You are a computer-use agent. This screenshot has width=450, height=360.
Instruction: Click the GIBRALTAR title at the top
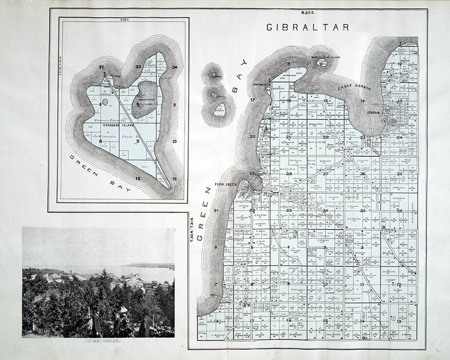308,27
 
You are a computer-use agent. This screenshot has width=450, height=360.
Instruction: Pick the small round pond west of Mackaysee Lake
105,102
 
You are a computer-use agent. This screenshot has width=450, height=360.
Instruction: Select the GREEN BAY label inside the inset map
100,173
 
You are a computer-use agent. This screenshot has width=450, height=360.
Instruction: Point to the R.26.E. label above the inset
124,21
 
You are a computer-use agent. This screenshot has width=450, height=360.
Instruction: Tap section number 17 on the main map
253,100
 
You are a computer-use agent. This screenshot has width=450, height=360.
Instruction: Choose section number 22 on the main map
326,137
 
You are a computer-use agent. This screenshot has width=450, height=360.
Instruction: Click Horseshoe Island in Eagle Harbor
321,63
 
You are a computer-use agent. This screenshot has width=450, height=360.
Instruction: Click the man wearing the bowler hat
97,321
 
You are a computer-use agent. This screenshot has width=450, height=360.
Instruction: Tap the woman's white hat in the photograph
123,310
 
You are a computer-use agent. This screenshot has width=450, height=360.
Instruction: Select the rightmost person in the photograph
147,324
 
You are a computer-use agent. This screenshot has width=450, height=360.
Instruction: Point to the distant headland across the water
152,266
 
